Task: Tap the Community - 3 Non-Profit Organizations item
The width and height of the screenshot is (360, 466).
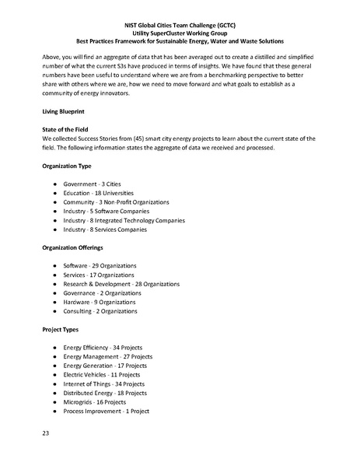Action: click(117, 202)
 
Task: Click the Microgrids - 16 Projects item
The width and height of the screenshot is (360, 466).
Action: click(95, 402)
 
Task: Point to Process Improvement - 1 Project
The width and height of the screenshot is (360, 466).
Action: click(106, 412)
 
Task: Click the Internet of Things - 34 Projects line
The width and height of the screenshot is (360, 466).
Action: click(104, 384)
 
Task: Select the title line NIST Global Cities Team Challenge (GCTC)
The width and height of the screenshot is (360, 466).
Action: click(180, 25)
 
